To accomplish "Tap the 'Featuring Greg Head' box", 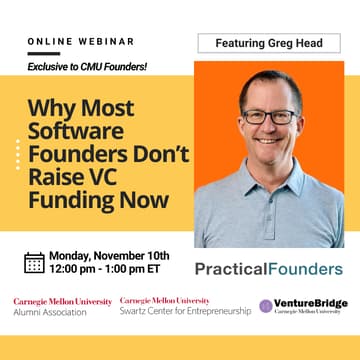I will (270, 43).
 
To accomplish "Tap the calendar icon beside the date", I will (33, 263).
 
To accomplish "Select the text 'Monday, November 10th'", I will (108, 256).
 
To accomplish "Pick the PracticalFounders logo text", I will (268, 269).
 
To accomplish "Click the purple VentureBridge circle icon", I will (266, 305).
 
